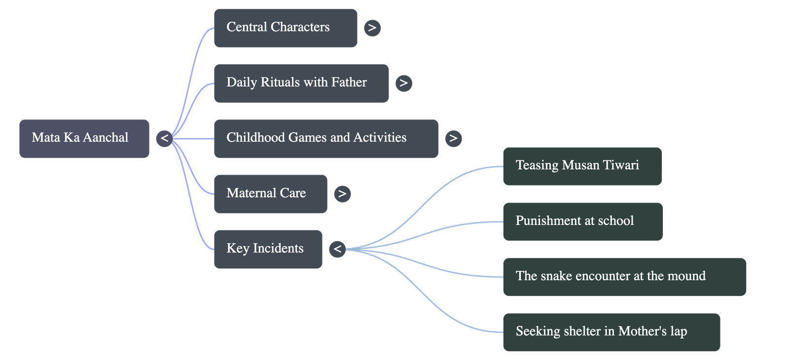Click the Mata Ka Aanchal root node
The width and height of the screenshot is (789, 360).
pos(84,139)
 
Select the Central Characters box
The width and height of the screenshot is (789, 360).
pos(285,28)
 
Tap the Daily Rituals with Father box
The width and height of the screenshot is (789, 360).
pos(301,83)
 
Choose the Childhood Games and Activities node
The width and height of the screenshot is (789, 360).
pos(325,139)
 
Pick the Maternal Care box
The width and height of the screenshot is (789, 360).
pos(270,194)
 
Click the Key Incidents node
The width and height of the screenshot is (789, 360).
pos(268,249)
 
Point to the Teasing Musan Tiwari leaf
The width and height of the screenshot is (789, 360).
pos(582,166)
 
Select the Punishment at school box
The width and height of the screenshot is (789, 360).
pos(582,221)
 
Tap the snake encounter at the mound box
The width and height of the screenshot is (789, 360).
pos(624,277)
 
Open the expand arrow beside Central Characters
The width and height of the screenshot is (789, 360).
pos(372,28)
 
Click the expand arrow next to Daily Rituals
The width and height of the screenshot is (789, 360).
pos(403,83)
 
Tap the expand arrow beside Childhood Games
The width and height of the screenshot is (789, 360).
pos(453,138)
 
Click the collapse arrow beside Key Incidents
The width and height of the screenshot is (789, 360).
pos(337,249)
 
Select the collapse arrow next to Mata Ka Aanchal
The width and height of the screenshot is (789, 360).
pos(164,139)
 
